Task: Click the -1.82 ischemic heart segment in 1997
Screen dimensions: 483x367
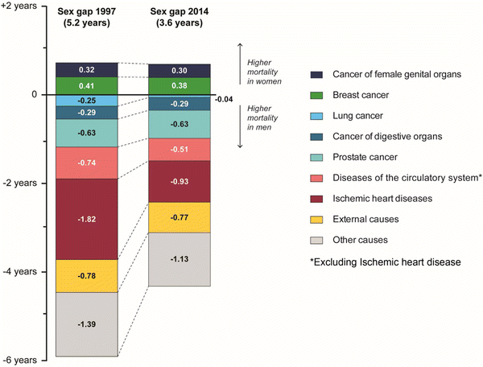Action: [87, 219]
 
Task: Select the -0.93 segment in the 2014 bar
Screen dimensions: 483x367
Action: [180, 181]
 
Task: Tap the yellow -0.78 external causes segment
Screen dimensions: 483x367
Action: [87, 276]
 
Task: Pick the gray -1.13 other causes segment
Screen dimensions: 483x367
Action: [180, 259]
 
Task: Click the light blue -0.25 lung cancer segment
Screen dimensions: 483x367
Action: [87, 101]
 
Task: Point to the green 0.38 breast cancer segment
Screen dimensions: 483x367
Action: [180, 86]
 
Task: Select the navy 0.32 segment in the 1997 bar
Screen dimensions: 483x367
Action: [87, 70]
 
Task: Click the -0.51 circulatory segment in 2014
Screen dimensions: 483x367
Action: [180, 150]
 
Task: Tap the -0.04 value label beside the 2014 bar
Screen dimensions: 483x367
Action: [224, 100]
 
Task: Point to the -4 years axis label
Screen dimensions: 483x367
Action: [19, 271]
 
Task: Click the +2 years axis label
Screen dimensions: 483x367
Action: [19, 6]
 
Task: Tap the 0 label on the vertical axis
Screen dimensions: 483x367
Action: [34, 94]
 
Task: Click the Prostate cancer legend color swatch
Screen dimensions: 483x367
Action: [316, 157]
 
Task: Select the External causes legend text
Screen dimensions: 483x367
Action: [365, 219]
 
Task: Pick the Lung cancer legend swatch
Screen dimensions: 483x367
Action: [316, 116]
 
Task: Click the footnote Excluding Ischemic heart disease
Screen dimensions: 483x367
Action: [386, 262]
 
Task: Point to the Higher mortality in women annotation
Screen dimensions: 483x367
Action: [264, 72]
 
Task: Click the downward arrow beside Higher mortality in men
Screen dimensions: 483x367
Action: [240, 126]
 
